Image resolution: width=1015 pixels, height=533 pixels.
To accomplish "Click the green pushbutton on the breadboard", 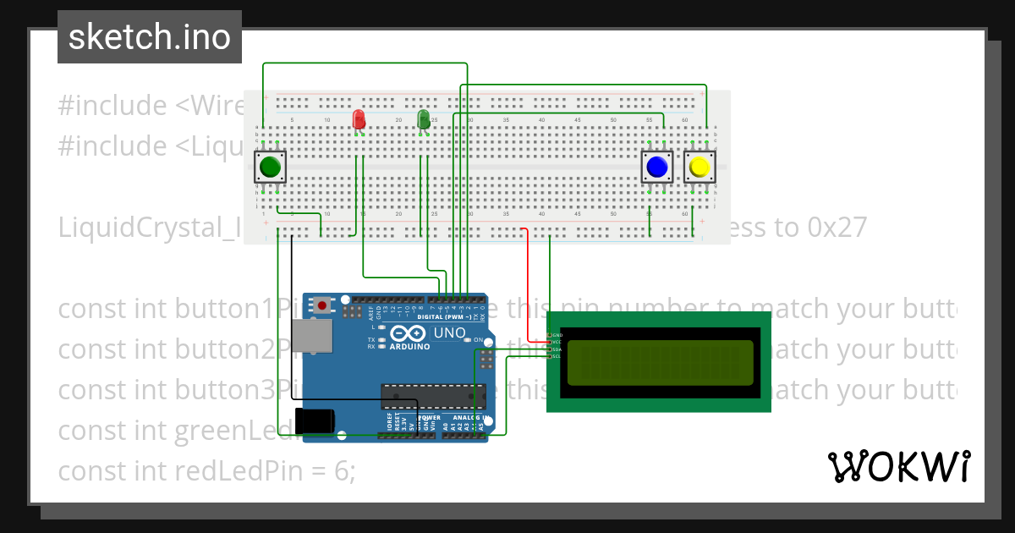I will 271,168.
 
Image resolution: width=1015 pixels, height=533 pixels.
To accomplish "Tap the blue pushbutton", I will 656,168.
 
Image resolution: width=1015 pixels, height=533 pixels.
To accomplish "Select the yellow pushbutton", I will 699,168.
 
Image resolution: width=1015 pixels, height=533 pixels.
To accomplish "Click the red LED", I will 359,118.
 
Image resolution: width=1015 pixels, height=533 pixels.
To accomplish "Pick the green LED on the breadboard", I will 424,118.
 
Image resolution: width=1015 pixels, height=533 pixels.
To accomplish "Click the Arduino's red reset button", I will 322,304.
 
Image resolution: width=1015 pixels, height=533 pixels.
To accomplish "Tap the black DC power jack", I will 315,420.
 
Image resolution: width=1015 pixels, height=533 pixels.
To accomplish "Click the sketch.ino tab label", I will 149,37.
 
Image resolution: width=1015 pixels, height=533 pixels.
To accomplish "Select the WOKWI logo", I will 898,466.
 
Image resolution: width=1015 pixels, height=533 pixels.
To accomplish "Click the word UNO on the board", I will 449,333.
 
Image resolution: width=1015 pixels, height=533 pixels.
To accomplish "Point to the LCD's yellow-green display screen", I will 660,362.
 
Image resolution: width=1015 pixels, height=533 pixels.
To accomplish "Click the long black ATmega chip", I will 433,394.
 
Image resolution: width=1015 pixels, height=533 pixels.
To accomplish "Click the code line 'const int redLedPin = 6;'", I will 206,470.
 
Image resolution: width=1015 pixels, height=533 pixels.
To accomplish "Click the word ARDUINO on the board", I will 410,345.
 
